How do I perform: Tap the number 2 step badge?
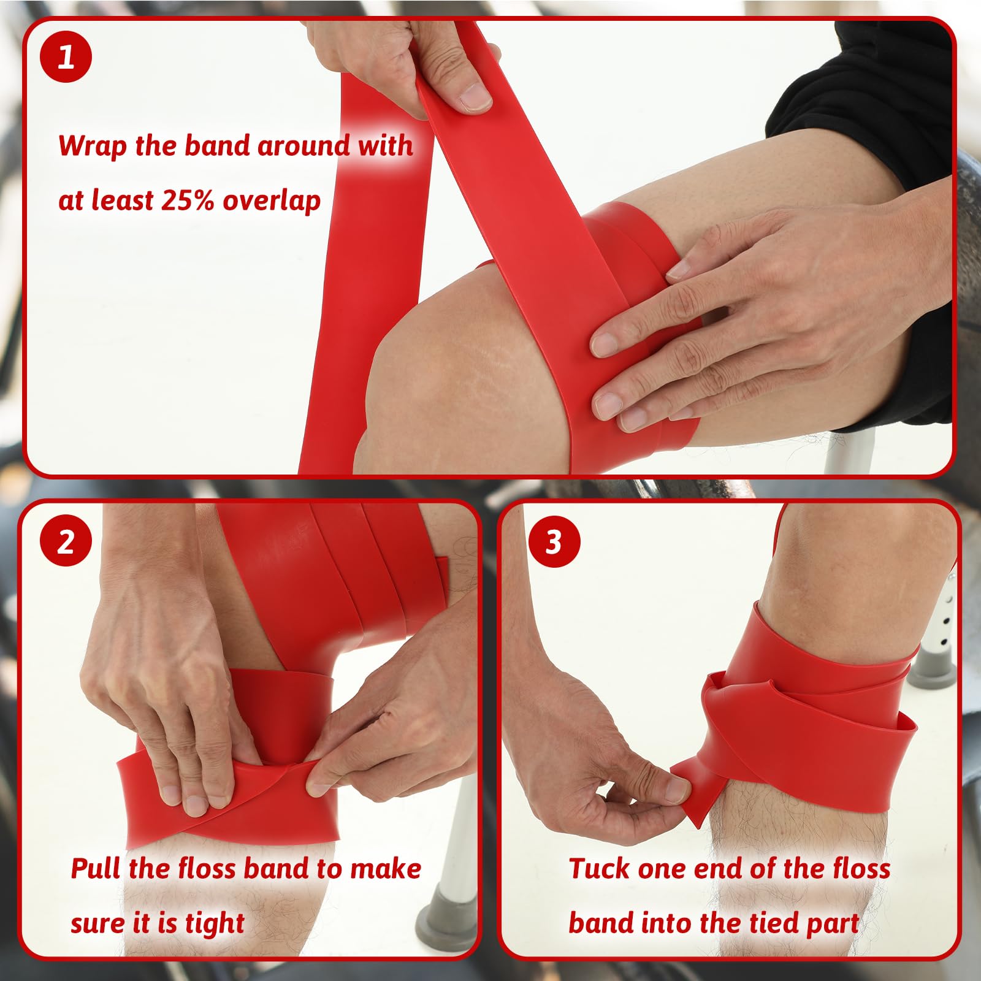(x=66, y=541)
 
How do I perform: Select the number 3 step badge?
(x=554, y=541)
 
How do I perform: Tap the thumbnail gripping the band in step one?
(x=475, y=97)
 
